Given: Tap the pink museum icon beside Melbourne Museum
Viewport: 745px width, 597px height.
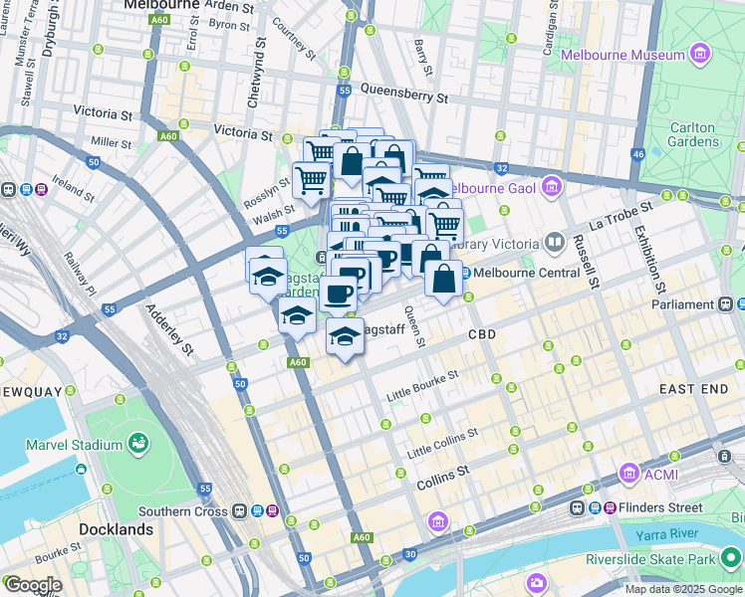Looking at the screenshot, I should pyautogui.click(x=700, y=53).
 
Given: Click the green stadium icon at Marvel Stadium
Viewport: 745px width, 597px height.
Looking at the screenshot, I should pyautogui.click(x=138, y=443).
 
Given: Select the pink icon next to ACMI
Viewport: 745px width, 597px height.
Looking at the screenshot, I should pyautogui.click(x=628, y=474).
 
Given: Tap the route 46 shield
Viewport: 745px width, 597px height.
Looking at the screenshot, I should pyautogui.click(x=638, y=154).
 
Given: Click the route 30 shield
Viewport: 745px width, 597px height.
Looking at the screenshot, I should pyautogui.click(x=408, y=554).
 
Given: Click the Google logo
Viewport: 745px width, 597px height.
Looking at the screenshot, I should pyautogui.click(x=33, y=585).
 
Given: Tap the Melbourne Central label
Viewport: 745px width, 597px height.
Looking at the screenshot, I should pyautogui.click(x=527, y=273).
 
